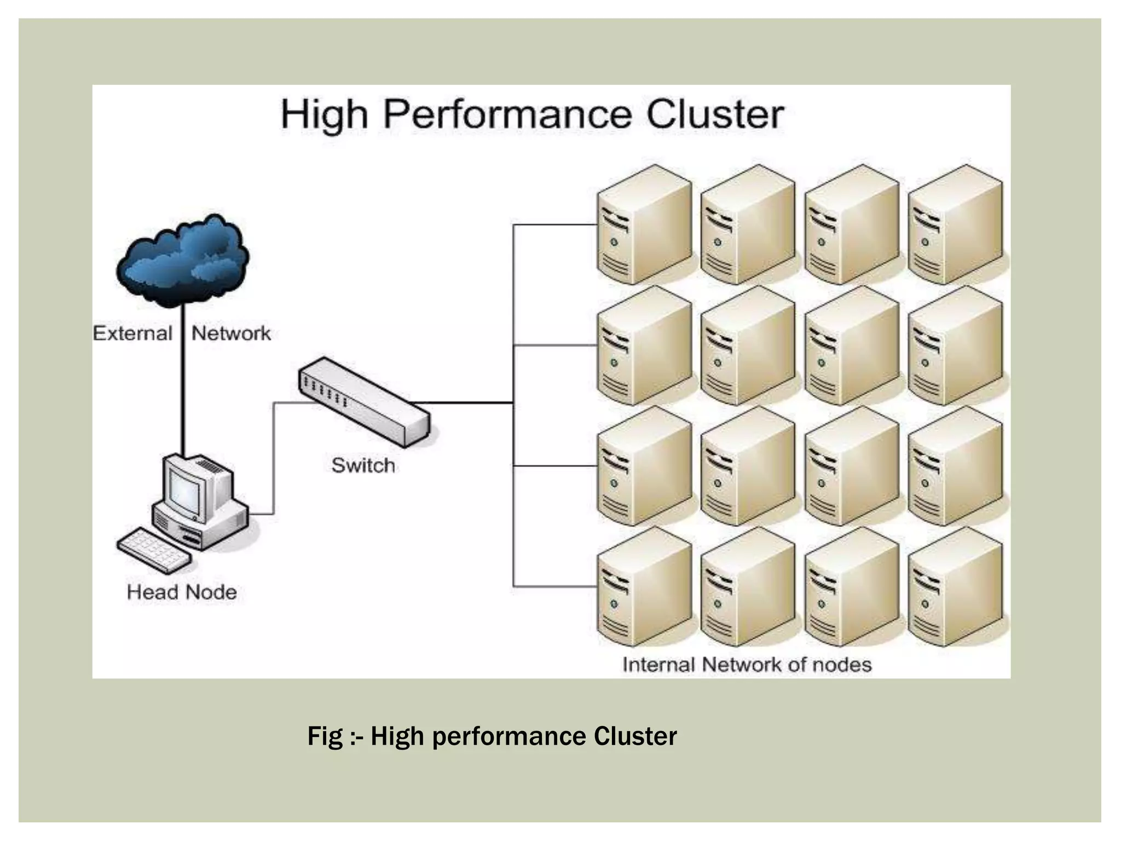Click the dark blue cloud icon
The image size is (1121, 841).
183,261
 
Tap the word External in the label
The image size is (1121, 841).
132,333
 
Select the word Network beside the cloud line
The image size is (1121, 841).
231,333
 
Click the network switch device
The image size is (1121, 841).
363,402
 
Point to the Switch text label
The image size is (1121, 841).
363,465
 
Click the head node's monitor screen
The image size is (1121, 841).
184,489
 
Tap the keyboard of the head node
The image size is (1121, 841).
154,550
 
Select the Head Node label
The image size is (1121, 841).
182,592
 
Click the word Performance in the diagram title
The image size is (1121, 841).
507,115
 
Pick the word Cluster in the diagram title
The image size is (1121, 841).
715,115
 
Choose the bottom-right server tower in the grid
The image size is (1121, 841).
955,587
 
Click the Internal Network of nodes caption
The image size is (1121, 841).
747,665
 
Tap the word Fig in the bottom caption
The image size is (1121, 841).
325,736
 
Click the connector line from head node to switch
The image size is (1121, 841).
274,460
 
